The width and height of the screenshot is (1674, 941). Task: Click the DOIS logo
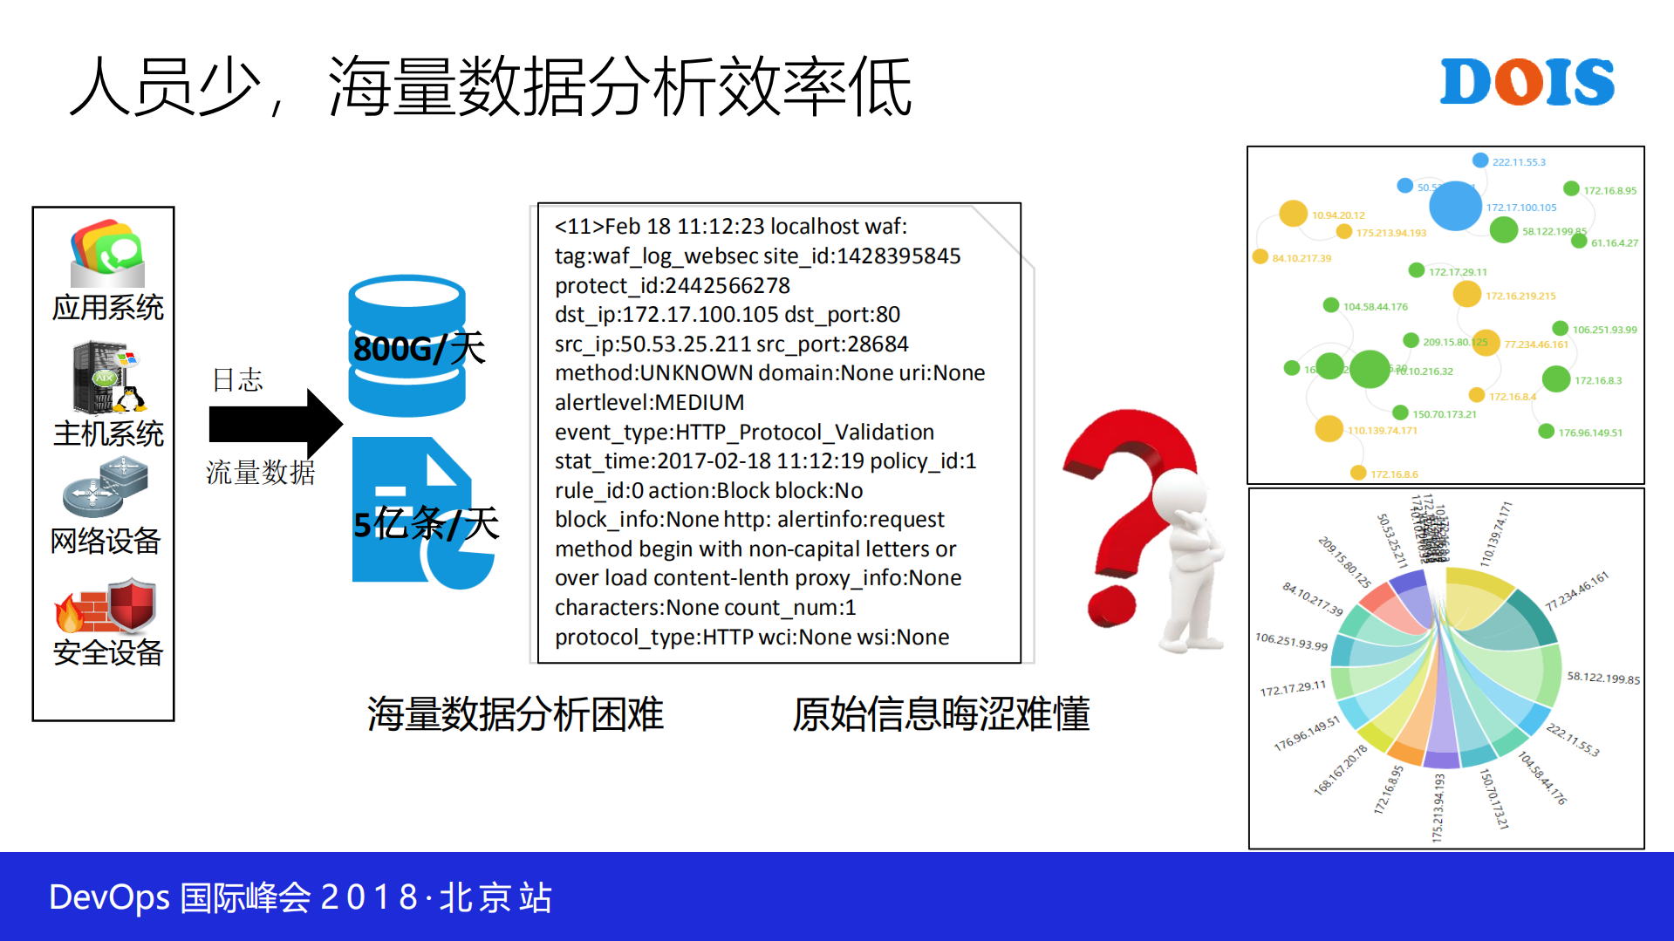point(1527,83)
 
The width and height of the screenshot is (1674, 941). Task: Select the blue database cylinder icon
point(407,345)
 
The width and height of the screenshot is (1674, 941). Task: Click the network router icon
point(106,488)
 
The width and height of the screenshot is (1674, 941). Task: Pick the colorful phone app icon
point(107,253)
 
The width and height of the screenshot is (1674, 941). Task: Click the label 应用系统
point(107,308)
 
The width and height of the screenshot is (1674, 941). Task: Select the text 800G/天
point(419,349)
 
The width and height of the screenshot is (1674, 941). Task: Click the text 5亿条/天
point(426,524)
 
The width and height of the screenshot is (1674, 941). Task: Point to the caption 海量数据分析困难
point(515,714)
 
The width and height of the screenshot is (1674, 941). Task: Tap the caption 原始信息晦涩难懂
point(940,714)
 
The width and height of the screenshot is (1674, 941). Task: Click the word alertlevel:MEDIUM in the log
point(649,403)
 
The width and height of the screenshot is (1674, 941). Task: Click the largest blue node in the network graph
point(1454,207)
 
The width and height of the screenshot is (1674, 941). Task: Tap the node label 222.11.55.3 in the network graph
point(1518,162)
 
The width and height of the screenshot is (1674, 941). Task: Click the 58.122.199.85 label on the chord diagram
point(1602,678)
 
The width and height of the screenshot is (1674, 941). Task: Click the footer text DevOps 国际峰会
point(179,897)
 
